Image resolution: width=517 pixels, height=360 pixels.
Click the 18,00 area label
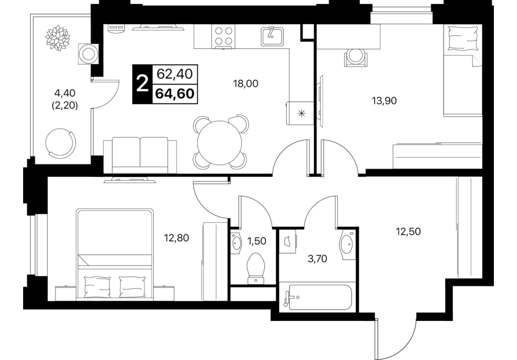pyautogui.click(x=246, y=84)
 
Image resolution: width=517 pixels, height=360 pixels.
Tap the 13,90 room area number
pyautogui.click(x=384, y=101)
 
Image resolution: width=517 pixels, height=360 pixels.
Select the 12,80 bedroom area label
pyautogui.click(x=176, y=238)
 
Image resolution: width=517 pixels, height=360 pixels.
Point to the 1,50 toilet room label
pyautogui.click(x=256, y=241)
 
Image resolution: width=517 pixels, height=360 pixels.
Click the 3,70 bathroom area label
pyautogui.click(x=317, y=259)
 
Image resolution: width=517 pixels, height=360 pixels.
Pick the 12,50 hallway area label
pyautogui.click(x=408, y=231)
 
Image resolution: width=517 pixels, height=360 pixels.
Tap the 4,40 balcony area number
pyautogui.click(x=65, y=93)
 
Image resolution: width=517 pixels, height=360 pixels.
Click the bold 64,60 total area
pyautogui.click(x=174, y=94)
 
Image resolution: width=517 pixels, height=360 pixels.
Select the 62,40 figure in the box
pyautogui.click(x=174, y=74)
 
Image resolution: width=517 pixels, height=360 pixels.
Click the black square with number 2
pyautogui.click(x=142, y=84)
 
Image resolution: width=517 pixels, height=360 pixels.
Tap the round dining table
pyautogui.click(x=220, y=143)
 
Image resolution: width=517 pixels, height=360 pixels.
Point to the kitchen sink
pyautogui.click(x=272, y=37)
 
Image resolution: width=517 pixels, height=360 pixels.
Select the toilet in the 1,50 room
pyautogui.click(x=256, y=268)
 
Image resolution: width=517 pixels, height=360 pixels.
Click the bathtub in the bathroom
pyautogui.click(x=319, y=297)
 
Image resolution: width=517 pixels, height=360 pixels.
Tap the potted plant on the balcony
pyautogui.click(x=58, y=38)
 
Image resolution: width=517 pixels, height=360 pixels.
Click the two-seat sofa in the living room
pyautogui.click(x=140, y=155)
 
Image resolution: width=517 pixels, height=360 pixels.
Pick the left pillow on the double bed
pyautogui.click(x=98, y=286)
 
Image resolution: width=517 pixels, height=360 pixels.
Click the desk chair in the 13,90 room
pyautogui.click(x=356, y=57)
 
